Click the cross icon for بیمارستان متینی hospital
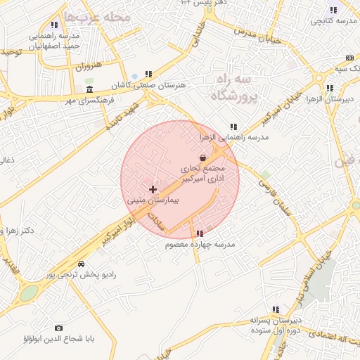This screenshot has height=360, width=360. pos(153,189)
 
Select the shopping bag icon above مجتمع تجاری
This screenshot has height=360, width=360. pos(203,157)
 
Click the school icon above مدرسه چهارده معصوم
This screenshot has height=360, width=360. pos(200,233)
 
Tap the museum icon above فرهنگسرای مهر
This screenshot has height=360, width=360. pos(89,90)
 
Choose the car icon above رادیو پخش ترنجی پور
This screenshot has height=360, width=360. pos(82,264)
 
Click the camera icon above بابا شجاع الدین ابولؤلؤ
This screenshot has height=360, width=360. pos(58,328)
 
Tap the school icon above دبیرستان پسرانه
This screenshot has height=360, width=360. pos(276,309)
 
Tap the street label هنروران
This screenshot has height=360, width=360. pos(89,67)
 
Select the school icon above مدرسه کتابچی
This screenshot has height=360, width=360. pos(333,10)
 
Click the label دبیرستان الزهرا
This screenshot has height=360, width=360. pos(329,99)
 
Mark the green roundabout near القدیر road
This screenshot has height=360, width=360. pos(28,293)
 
